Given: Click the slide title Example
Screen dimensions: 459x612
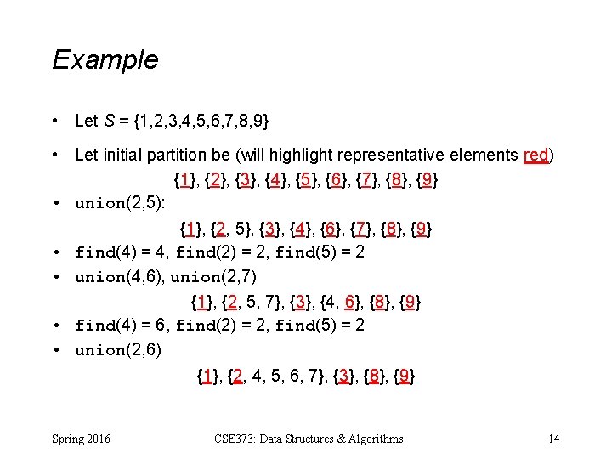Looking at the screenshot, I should [x=105, y=60].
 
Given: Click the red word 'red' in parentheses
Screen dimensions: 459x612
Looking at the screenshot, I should [x=536, y=155].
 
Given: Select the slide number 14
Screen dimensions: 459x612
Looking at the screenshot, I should [x=553, y=439].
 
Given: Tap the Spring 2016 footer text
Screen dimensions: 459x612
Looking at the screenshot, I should [x=81, y=439].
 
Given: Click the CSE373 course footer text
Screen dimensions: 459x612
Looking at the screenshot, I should [x=309, y=439].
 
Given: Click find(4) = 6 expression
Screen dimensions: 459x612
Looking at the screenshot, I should [x=122, y=326].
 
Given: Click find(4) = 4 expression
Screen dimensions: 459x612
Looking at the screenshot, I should [x=121, y=252].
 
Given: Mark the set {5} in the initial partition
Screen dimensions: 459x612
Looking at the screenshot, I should [x=308, y=180].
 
